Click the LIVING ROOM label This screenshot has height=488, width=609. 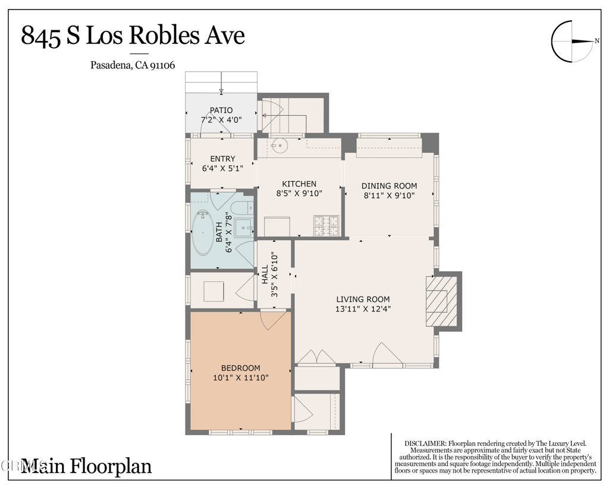tap(363, 299)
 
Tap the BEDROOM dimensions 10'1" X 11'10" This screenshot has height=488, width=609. tap(241, 377)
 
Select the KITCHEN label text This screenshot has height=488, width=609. tap(299, 184)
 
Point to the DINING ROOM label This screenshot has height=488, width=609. tap(389, 185)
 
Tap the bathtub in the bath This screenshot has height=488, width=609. tap(203, 233)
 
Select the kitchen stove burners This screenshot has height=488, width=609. tap(327, 225)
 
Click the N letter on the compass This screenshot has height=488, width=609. tap(597, 41)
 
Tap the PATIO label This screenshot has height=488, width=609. tap(221, 110)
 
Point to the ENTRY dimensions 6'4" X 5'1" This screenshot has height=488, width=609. tap(222, 168)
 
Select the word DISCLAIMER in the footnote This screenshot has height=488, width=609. tap(425, 443)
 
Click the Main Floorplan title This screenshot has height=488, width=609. tap(86, 466)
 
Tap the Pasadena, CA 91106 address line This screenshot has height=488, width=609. tap(133, 65)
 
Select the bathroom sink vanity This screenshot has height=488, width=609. tap(244, 226)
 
